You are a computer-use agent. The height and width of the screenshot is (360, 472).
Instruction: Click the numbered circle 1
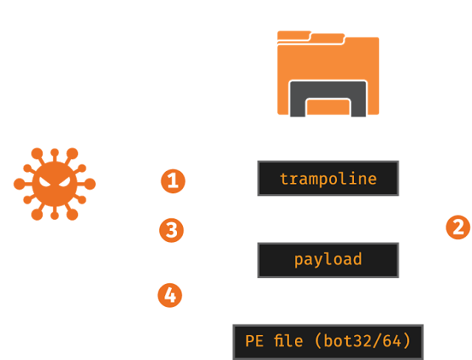(x=172, y=179)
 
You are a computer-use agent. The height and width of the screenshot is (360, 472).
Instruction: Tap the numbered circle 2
(x=457, y=228)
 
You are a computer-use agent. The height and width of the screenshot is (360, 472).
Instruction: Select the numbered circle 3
(x=171, y=230)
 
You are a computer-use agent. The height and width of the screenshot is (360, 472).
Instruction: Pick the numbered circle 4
(x=169, y=297)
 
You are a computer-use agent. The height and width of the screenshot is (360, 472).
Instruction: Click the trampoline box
(x=327, y=179)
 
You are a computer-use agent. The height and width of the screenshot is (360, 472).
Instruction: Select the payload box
(x=327, y=259)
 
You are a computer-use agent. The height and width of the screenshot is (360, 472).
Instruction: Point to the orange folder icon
(x=327, y=73)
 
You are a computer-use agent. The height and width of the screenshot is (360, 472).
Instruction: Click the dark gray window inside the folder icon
(x=327, y=98)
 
